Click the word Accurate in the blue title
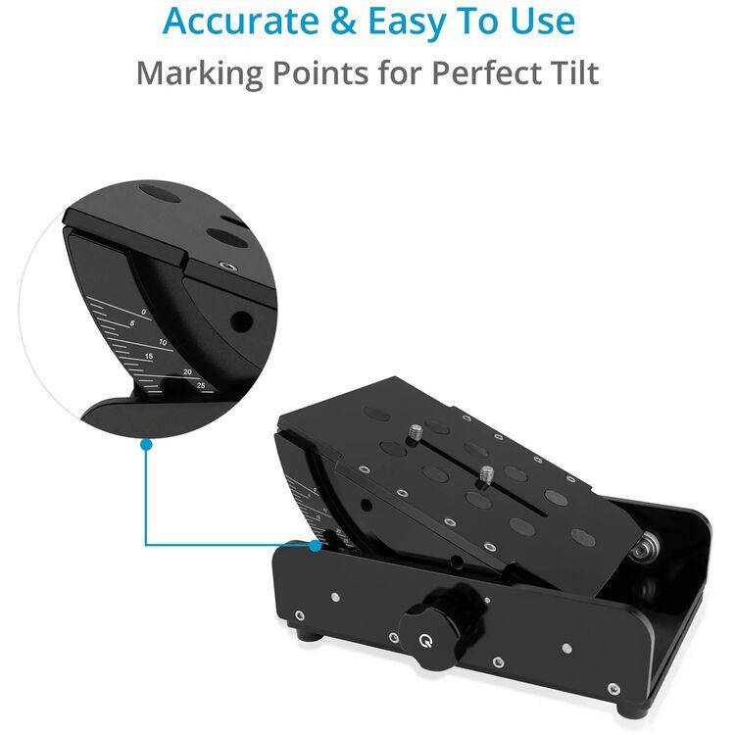pos(240,22)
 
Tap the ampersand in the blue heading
pos(344,22)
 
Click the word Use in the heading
pos(542,22)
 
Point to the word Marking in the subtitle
pos(199,74)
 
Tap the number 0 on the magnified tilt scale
pos(144,313)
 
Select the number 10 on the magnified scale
pos(163,342)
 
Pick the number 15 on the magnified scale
pos(149,357)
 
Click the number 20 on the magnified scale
pos(187,372)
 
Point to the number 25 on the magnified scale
pos(201,385)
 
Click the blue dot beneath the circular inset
pos(146,444)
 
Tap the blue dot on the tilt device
pos(316,546)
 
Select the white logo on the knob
pos(425,641)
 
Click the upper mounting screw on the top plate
pos(416,432)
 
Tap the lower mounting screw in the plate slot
pos(487,475)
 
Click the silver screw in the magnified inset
pos(228,267)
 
